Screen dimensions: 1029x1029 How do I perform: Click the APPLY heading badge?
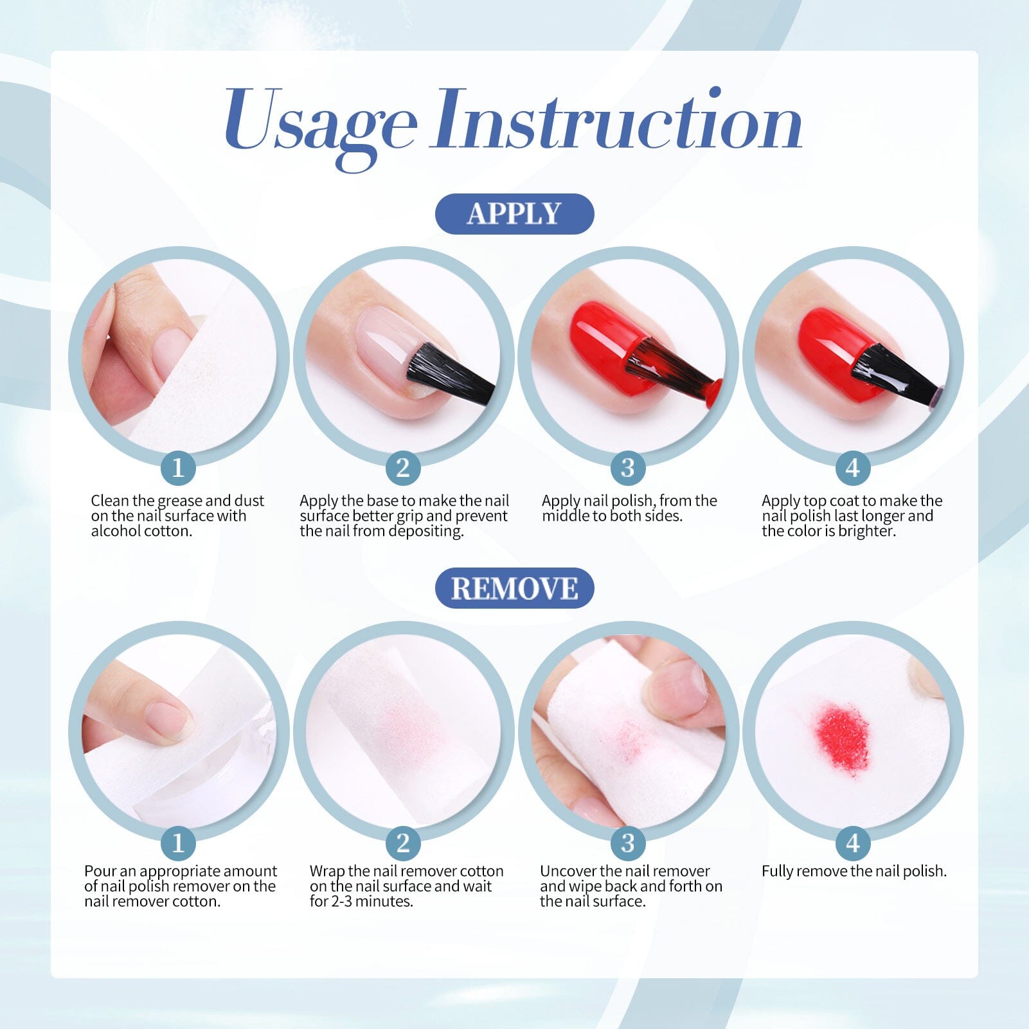514,213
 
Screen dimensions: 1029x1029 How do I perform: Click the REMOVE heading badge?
514,588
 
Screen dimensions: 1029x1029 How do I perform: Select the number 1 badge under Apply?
178,467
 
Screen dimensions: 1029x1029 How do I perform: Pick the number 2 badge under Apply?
403,467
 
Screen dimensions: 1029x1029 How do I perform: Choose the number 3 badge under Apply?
628,467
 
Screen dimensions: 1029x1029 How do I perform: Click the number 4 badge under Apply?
853,467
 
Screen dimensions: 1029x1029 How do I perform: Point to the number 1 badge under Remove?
178,843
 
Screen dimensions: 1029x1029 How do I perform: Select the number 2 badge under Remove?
403,843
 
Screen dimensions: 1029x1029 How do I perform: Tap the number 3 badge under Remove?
628,843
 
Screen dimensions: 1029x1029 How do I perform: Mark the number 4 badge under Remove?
853,843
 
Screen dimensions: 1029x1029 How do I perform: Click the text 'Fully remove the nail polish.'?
854,872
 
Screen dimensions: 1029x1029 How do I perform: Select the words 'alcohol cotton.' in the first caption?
141,532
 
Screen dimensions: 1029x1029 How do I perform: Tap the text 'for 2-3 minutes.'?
361,902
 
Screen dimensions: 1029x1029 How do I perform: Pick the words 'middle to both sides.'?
612,516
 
